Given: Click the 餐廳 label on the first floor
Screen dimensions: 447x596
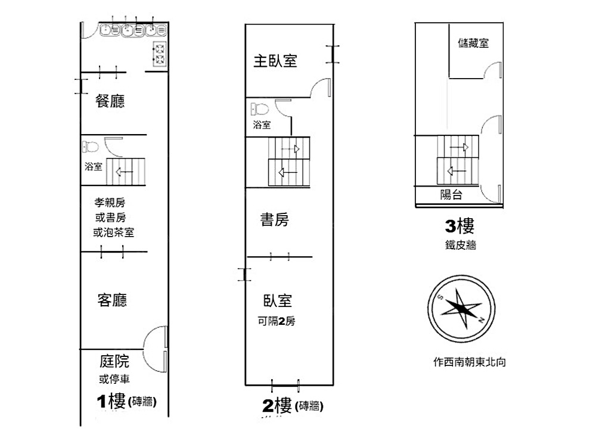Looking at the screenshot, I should (110, 101).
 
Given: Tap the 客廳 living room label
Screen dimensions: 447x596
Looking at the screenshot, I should (112, 300).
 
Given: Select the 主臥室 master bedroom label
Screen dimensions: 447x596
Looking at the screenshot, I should (275, 61).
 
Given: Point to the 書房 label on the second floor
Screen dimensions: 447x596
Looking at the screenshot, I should (275, 220).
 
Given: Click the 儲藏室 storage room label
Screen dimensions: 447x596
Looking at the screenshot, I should (474, 43).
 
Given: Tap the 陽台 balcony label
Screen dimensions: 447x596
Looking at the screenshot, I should (451, 194).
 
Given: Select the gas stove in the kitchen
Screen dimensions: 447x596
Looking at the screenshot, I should (160, 54).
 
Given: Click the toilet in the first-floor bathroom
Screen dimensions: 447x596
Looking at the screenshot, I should (91, 146).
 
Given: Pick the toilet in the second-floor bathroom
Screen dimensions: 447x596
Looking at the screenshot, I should (259, 110).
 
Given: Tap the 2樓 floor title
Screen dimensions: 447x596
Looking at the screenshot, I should (277, 406).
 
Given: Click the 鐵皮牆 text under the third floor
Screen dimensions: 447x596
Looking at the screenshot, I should (460, 244).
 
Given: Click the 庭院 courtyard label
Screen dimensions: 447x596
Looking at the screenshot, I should (114, 361).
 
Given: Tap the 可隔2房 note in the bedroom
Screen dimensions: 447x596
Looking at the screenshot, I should (272, 322).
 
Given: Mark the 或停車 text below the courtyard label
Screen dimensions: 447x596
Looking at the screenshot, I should (114, 379).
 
